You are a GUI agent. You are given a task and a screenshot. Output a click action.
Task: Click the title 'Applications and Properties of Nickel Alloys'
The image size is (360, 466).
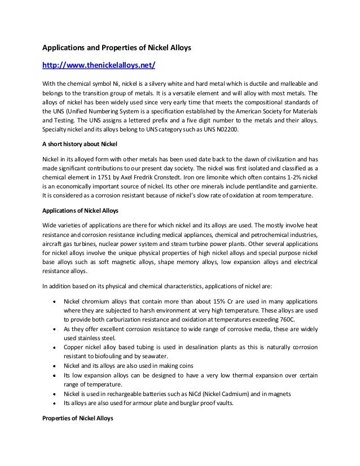[118, 49]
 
